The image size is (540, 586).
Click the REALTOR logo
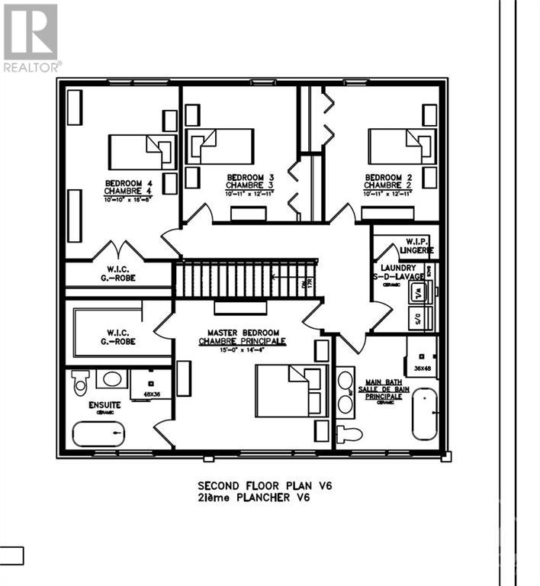(x=31, y=38)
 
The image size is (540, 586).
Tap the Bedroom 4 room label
(x=128, y=188)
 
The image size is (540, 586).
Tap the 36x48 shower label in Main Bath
(x=422, y=368)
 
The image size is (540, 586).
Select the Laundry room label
(x=400, y=272)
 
